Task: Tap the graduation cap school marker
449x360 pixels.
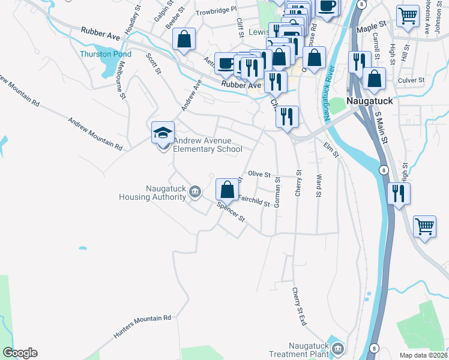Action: coord(163,133)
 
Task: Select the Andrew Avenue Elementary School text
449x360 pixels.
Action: coord(208,145)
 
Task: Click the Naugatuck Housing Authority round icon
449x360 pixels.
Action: coord(194,191)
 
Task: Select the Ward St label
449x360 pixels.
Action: coord(319,186)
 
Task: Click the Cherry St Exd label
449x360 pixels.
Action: coord(299,307)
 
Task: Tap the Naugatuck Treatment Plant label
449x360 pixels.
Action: coord(307,349)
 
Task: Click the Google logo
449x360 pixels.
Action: coord(20,353)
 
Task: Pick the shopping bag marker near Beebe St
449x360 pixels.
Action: coord(184,40)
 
